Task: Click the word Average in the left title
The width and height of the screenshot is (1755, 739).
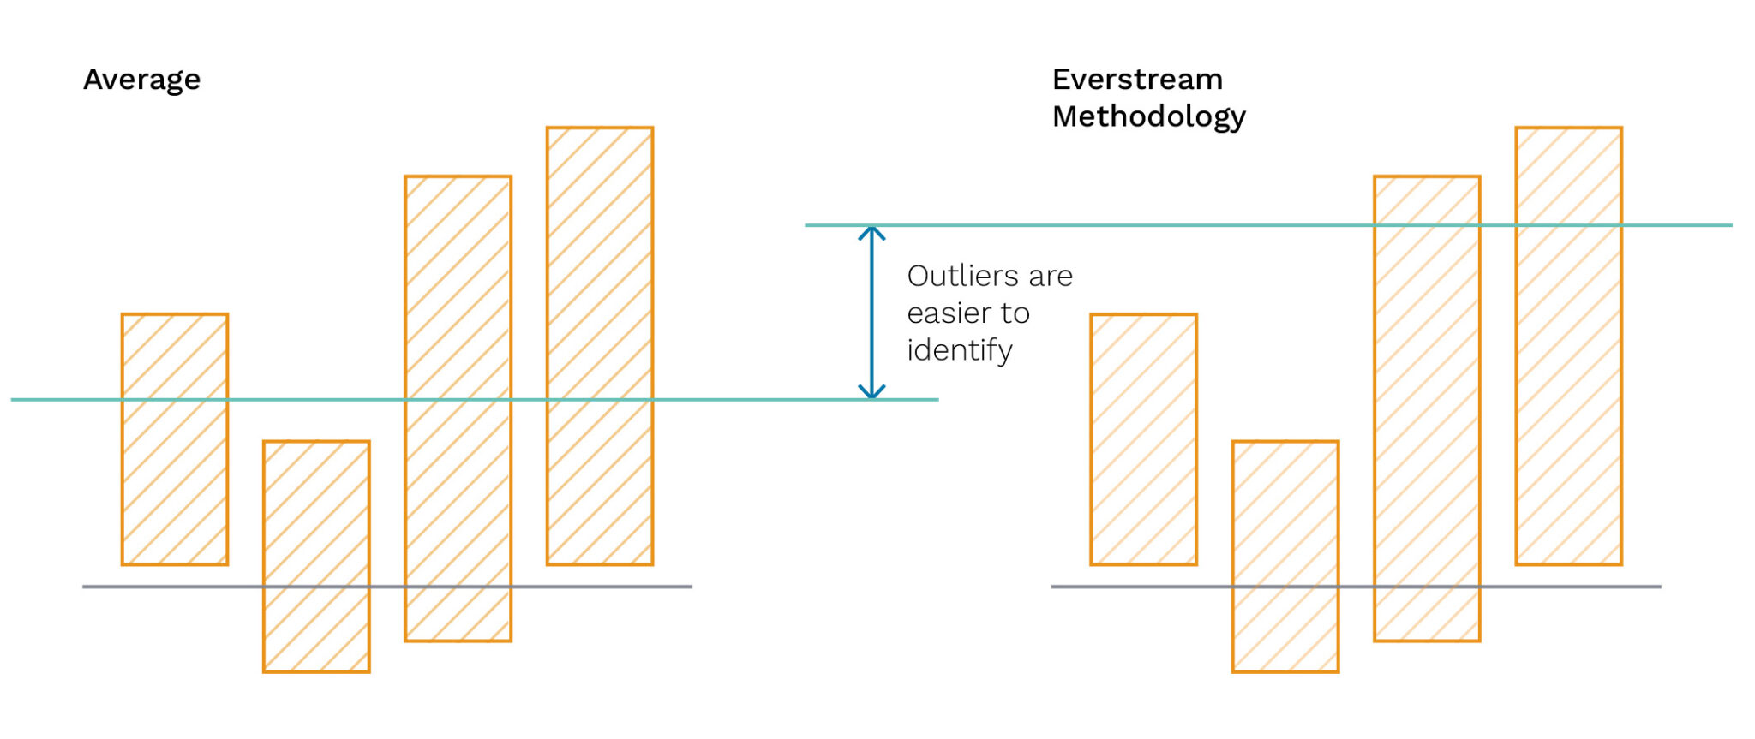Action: [141, 80]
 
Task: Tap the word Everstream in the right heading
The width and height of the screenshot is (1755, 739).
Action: [1137, 80]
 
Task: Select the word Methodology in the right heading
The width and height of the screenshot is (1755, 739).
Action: [1148, 116]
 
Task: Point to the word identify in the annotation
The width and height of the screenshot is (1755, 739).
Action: [960, 350]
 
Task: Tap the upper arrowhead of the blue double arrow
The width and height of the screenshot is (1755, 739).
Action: [872, 233]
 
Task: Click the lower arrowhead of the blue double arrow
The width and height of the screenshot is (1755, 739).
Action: [872, 392]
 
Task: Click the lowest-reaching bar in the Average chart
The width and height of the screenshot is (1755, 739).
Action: [316, 557]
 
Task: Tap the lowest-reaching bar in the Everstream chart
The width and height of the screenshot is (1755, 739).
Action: [1285, 557]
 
